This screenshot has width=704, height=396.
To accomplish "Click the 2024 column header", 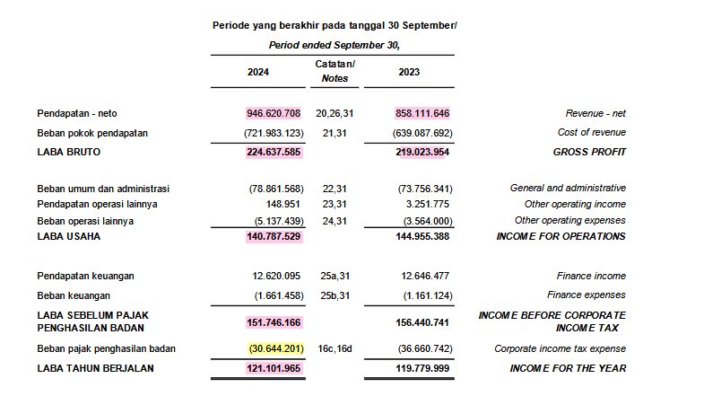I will click(x=257, y=72).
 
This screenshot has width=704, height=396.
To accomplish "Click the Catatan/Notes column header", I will click(x=335, y=72).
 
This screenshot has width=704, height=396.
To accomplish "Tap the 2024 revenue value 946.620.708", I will click(x=274, y=114).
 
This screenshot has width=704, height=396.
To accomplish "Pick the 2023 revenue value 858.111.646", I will click(x=422, y=114).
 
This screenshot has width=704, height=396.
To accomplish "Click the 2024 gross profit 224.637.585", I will click(x=274, y=152).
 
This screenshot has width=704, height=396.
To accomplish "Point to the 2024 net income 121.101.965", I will click(x=274, y=368).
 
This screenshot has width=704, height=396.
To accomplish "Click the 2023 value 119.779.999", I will click(x=422, y=368).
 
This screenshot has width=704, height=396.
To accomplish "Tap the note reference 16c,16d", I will click(x=335, y=348).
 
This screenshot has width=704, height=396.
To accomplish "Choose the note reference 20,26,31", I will click(x=335, y=114).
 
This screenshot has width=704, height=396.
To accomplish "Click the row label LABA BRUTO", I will click(x=69, y=152).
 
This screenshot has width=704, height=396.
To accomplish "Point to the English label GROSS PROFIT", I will click(x=589, y=152).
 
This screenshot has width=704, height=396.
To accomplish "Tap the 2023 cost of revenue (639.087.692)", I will click(x=419, y=133).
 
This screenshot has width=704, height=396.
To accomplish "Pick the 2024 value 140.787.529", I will click(x=274, y=236).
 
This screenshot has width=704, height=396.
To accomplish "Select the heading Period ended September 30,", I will click(x=334, y=45).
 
